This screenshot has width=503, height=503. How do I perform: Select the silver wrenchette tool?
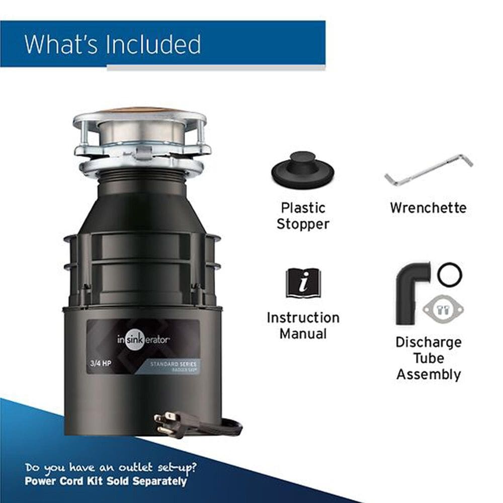coord(429,170)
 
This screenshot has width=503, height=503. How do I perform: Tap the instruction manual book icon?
coord(303,283)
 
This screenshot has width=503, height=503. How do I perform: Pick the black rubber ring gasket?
coord(449,275)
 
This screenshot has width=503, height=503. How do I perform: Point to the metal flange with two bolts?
coord(443,308)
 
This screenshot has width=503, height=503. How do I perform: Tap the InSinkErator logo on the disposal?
coord(143,340)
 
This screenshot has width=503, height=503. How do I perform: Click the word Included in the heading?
coord(153,44)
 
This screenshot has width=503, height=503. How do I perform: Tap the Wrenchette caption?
coord(428,208)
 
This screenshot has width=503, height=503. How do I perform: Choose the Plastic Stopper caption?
coord(303,215)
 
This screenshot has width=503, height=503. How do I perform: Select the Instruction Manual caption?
coord(303,325)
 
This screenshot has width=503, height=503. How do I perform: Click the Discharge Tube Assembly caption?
coord(429,358)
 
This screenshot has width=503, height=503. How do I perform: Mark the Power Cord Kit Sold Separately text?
coord(106,481)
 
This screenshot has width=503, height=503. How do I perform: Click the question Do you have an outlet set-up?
coord(111,467)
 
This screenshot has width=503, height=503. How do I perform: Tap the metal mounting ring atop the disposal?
coord(141,133)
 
